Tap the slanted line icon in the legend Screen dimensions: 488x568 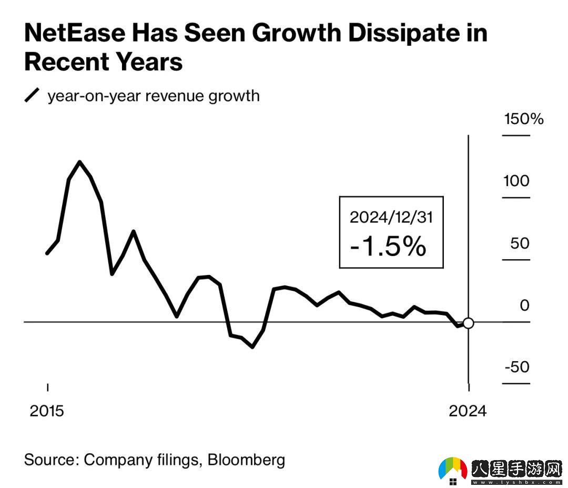point(33,96)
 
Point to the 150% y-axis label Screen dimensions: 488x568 point(523,119)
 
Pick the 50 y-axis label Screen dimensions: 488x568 point(516,243)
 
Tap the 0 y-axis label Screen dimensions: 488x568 point(524,306)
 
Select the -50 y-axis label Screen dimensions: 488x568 point(517,367)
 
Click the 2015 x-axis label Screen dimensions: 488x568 point(47,411)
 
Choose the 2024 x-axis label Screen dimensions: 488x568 point(468,411)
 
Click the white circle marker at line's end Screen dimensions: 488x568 point(468,323)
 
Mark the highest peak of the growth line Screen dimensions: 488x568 point(79,161)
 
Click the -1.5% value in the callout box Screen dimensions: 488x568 point(388,246)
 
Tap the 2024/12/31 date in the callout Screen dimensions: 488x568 point(391,217)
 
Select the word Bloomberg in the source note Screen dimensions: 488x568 point(246,460)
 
